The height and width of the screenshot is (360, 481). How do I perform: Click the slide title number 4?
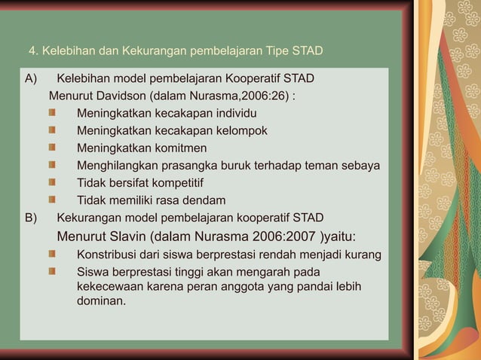(x=32, y=51)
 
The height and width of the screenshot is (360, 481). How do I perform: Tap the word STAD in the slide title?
(x=307, y=51)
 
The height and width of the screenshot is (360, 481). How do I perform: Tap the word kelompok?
(x=240, y=131)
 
